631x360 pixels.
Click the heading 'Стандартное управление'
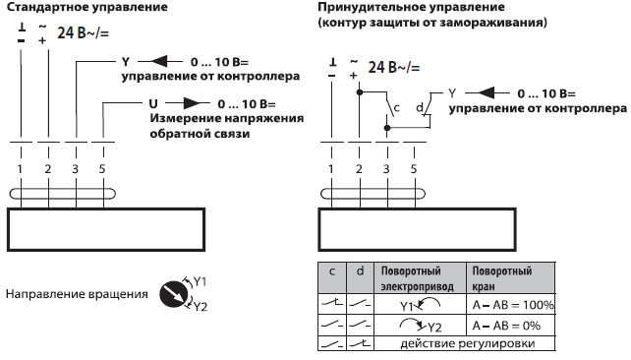point(73,8)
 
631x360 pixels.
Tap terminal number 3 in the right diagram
point(385,168)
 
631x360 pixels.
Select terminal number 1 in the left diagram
point(21,168)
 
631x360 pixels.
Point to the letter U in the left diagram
point(152,102)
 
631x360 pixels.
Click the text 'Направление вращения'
point(77,293)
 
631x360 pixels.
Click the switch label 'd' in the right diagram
point(419,106)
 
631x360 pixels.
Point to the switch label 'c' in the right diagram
point(395,106)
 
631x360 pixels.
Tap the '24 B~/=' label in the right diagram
point(394,68)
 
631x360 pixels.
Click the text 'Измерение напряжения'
point(226,118)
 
